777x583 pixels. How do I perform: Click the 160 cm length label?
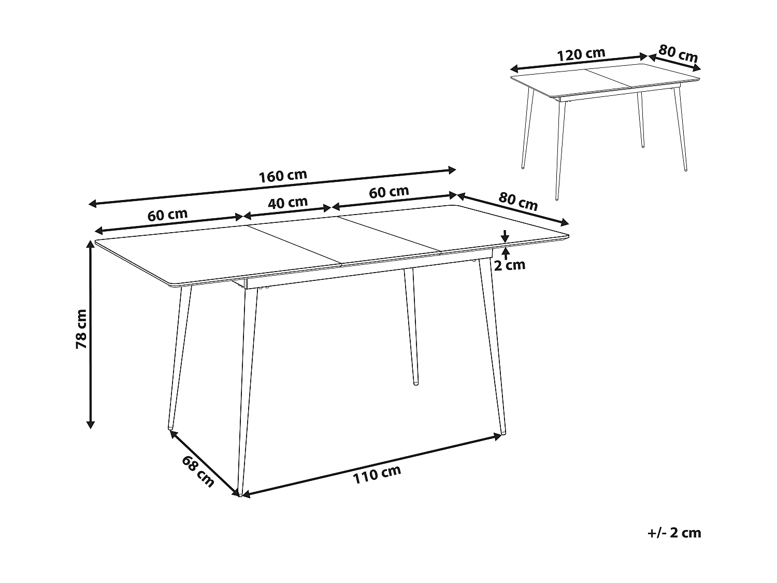(x=283, y=176)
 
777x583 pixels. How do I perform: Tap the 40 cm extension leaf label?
(x=287, y=203)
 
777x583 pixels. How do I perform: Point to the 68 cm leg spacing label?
(x=198, y=471)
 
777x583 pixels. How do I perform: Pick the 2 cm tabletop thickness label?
(x=509, y=265)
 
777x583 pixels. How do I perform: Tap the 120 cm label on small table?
(x=581, y=54)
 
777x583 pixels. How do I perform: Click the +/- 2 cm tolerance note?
(x=673, y=533)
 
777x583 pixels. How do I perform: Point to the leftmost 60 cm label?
(x=167, y=215)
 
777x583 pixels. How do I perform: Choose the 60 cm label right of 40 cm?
(x=389, y=192)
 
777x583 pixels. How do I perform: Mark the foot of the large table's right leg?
(x=502, y=431)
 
